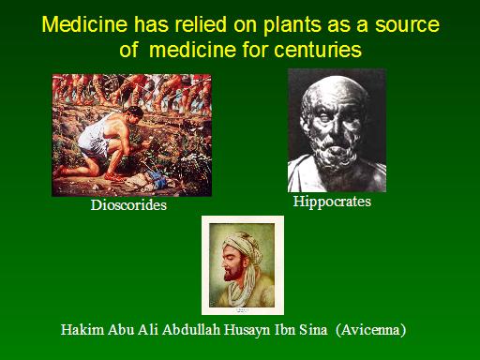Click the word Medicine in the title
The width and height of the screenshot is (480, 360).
point(84,24)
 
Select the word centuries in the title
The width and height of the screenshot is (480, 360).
point(318,50)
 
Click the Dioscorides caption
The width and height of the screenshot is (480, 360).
point(128,205)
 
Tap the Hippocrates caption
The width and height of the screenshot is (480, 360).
point(332,202)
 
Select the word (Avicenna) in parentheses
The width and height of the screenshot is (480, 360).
point(370,330)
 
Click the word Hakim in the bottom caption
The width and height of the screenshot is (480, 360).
point(82,330)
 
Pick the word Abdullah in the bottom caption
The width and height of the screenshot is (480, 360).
point(191,330)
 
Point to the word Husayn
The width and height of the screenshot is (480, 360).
point(247,331)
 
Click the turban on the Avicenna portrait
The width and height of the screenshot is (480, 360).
point(244,247)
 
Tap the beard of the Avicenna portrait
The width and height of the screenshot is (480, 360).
point(234,275)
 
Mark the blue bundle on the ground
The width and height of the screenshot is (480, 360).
point(158,178)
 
